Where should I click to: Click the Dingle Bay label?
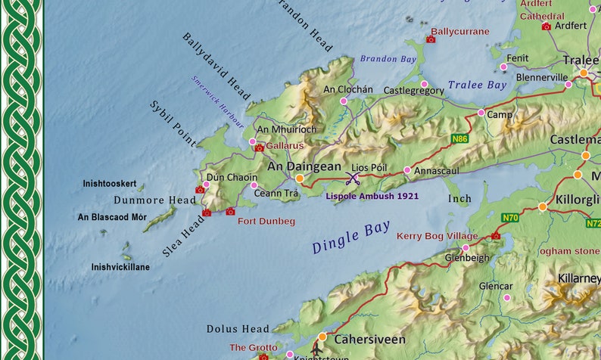point(351,237)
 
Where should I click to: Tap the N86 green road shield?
point(459,139)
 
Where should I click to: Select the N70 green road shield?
point(510,218)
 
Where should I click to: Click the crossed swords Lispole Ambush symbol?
point(352,178)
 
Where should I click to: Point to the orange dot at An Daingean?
point(300,178)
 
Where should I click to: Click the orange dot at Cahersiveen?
point(322,337)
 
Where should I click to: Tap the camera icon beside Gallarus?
point(260,147)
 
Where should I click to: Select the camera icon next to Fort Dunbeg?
point(230,212)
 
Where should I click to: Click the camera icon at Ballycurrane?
point(431,39)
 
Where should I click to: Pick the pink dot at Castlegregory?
point(424,84)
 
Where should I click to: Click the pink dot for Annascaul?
point(407,170)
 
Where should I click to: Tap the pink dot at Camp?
point(481,113)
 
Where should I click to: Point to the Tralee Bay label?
point(477,85)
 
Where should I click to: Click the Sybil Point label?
point(173,124)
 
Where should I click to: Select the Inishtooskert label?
point(109,184)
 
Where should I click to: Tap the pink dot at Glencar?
point(507,297)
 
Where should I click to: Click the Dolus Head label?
point(238,329)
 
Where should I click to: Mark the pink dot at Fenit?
point(504,67)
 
